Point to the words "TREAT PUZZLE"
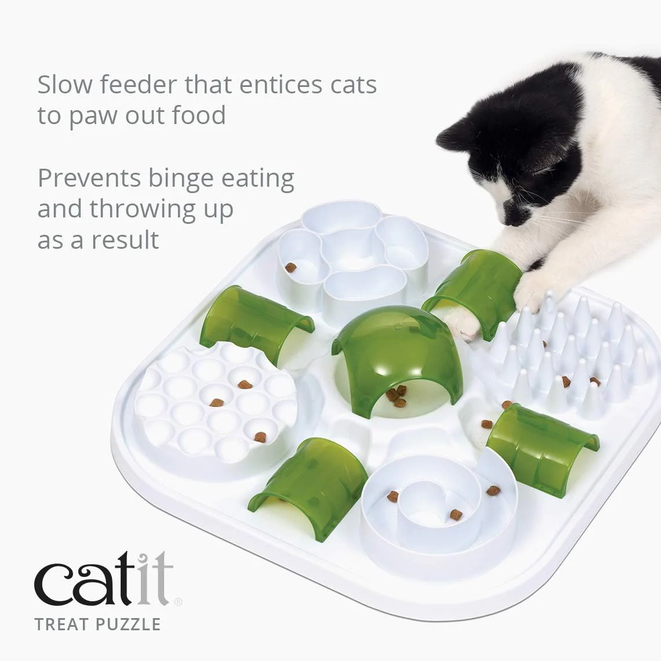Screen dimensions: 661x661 coord(97,624)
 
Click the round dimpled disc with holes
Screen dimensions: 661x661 coord(216,403)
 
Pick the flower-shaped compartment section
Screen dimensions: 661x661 coord(351,258)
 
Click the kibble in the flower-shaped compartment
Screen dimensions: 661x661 coord(290,267)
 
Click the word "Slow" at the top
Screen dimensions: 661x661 coord(64,85)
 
